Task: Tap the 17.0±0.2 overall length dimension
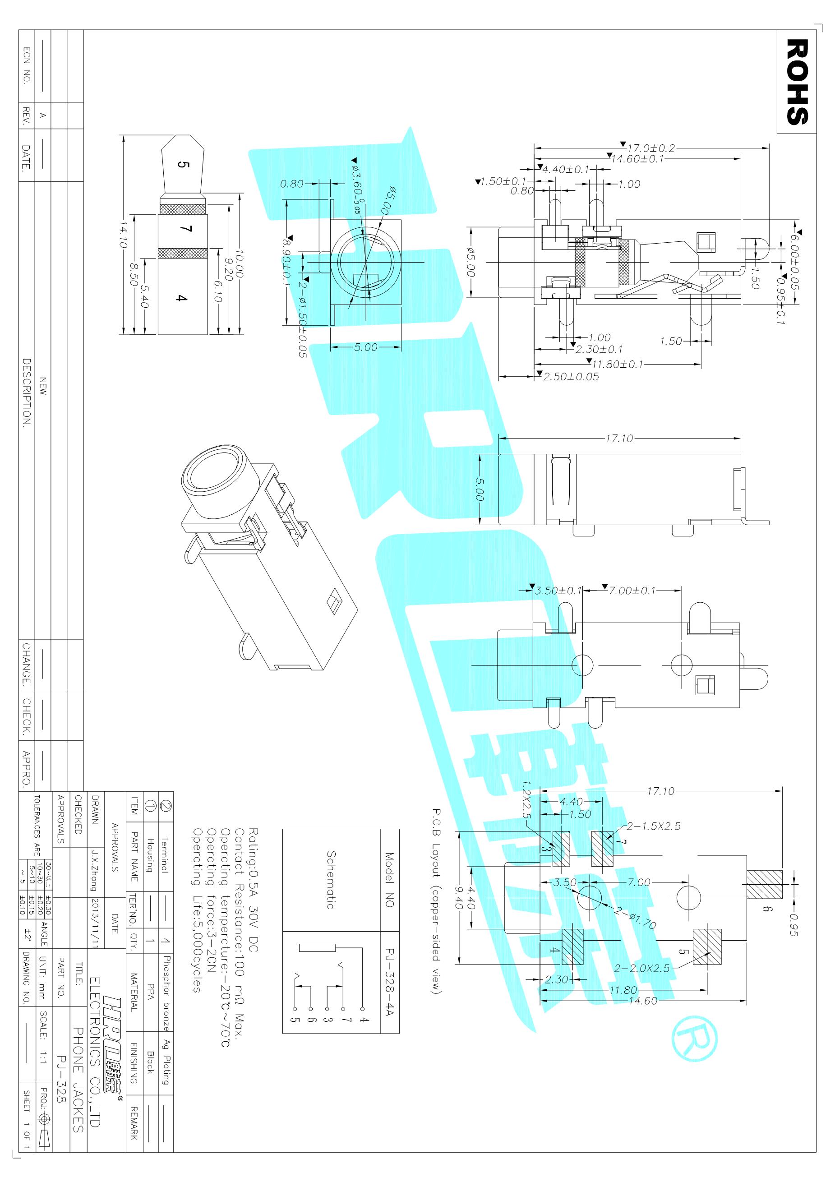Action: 650,148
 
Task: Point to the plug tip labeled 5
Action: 183,165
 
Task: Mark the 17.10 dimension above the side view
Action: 619,439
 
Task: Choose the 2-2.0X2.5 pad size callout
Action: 641,968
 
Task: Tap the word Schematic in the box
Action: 331,879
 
